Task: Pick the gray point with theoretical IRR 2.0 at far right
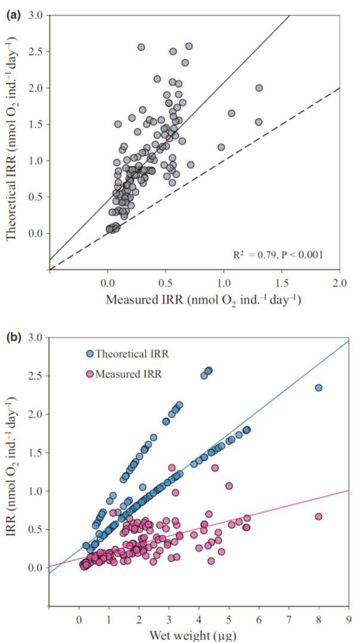point(259,88)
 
